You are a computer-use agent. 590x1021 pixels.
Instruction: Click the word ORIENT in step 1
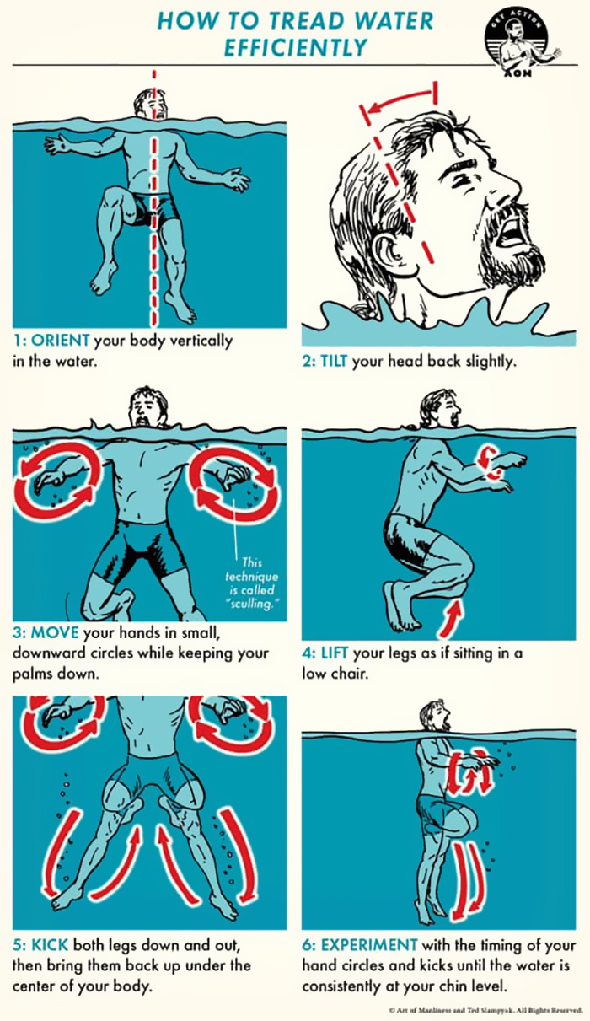pos(60,341)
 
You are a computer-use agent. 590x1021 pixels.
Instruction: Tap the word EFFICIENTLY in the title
pos(294,48)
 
